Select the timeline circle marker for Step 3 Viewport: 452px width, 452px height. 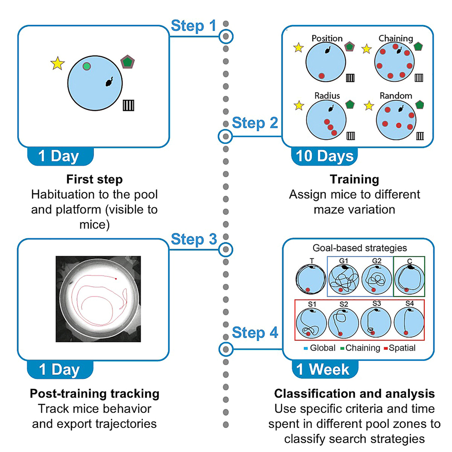tap(226, 249)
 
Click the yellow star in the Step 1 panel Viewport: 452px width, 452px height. tap(57, 64)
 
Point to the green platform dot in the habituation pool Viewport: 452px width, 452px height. tap(87, 67)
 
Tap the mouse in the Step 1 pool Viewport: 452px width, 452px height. tap(109, 82)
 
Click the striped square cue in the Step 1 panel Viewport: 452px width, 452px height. tap(129, 106)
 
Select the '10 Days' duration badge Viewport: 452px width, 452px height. tap(324, 156)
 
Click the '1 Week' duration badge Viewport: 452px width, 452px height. tap(323, 368)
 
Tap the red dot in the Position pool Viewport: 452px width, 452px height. tap(322, 75)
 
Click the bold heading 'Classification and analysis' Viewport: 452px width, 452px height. tap(354, 393)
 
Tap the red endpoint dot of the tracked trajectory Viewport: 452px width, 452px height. tap(116, 278)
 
